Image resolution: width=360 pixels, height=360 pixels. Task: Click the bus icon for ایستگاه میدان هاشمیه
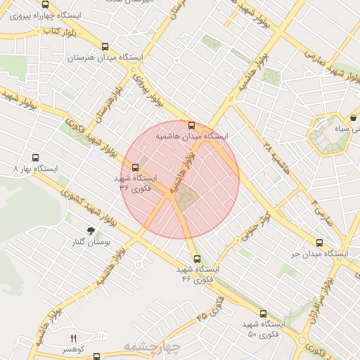(x=192, y=125)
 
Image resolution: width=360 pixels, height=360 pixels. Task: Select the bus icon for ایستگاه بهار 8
(x=35, y=158)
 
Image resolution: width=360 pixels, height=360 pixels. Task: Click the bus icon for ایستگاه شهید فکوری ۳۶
(x=136, y=167)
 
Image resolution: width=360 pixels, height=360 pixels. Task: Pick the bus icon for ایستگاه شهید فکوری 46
(x=197, y=259)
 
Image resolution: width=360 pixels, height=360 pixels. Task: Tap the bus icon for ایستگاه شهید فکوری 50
(x=263, y=314)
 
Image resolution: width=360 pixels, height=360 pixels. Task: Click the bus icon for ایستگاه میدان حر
(x=319, y=243)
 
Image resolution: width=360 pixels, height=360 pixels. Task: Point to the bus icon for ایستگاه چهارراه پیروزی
(x=46, y=4)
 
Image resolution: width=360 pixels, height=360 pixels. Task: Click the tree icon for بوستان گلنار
(x=90, y=230)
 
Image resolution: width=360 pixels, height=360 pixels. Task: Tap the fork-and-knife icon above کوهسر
(x=73, y=339)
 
